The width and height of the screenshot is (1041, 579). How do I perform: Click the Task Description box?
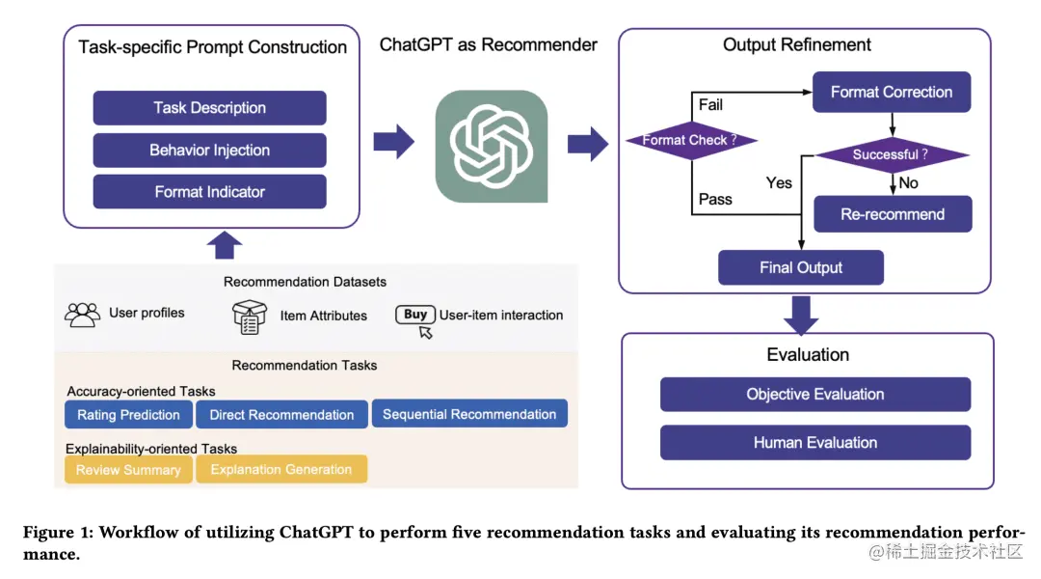coord(209,108)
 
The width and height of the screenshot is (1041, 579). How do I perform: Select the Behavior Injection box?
coord(209,151)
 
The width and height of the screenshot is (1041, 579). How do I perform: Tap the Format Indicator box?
coord(209,192)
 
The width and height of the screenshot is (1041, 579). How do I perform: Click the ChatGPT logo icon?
coord(491,146)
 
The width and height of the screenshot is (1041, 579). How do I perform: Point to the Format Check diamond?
coord(690,141)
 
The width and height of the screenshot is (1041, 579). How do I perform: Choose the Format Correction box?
coord(892,93)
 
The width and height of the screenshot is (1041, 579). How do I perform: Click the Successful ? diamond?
coord(891,154)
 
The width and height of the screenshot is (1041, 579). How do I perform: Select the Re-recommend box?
coord(893,214)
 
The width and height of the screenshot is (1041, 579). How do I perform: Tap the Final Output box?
coord(801,267)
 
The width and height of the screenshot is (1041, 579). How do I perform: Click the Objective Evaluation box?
coord(814,395)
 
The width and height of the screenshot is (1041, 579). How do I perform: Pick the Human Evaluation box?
coord(814,443)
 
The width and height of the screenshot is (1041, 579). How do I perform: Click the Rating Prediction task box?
coord(129,415)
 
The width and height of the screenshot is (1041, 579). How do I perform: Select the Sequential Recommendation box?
coord(469,414)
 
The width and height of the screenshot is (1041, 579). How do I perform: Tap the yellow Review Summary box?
coord(128,470)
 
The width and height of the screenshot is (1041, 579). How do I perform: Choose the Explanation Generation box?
coord(281,470)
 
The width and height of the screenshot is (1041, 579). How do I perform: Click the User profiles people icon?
coord(82,315)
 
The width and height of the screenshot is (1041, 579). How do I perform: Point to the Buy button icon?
coord(415,316)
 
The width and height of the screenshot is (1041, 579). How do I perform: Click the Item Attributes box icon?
coord(250,317)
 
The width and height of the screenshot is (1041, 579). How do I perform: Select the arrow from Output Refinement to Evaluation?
coord(801,313)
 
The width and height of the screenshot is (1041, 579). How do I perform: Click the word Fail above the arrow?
coord(709,104)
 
